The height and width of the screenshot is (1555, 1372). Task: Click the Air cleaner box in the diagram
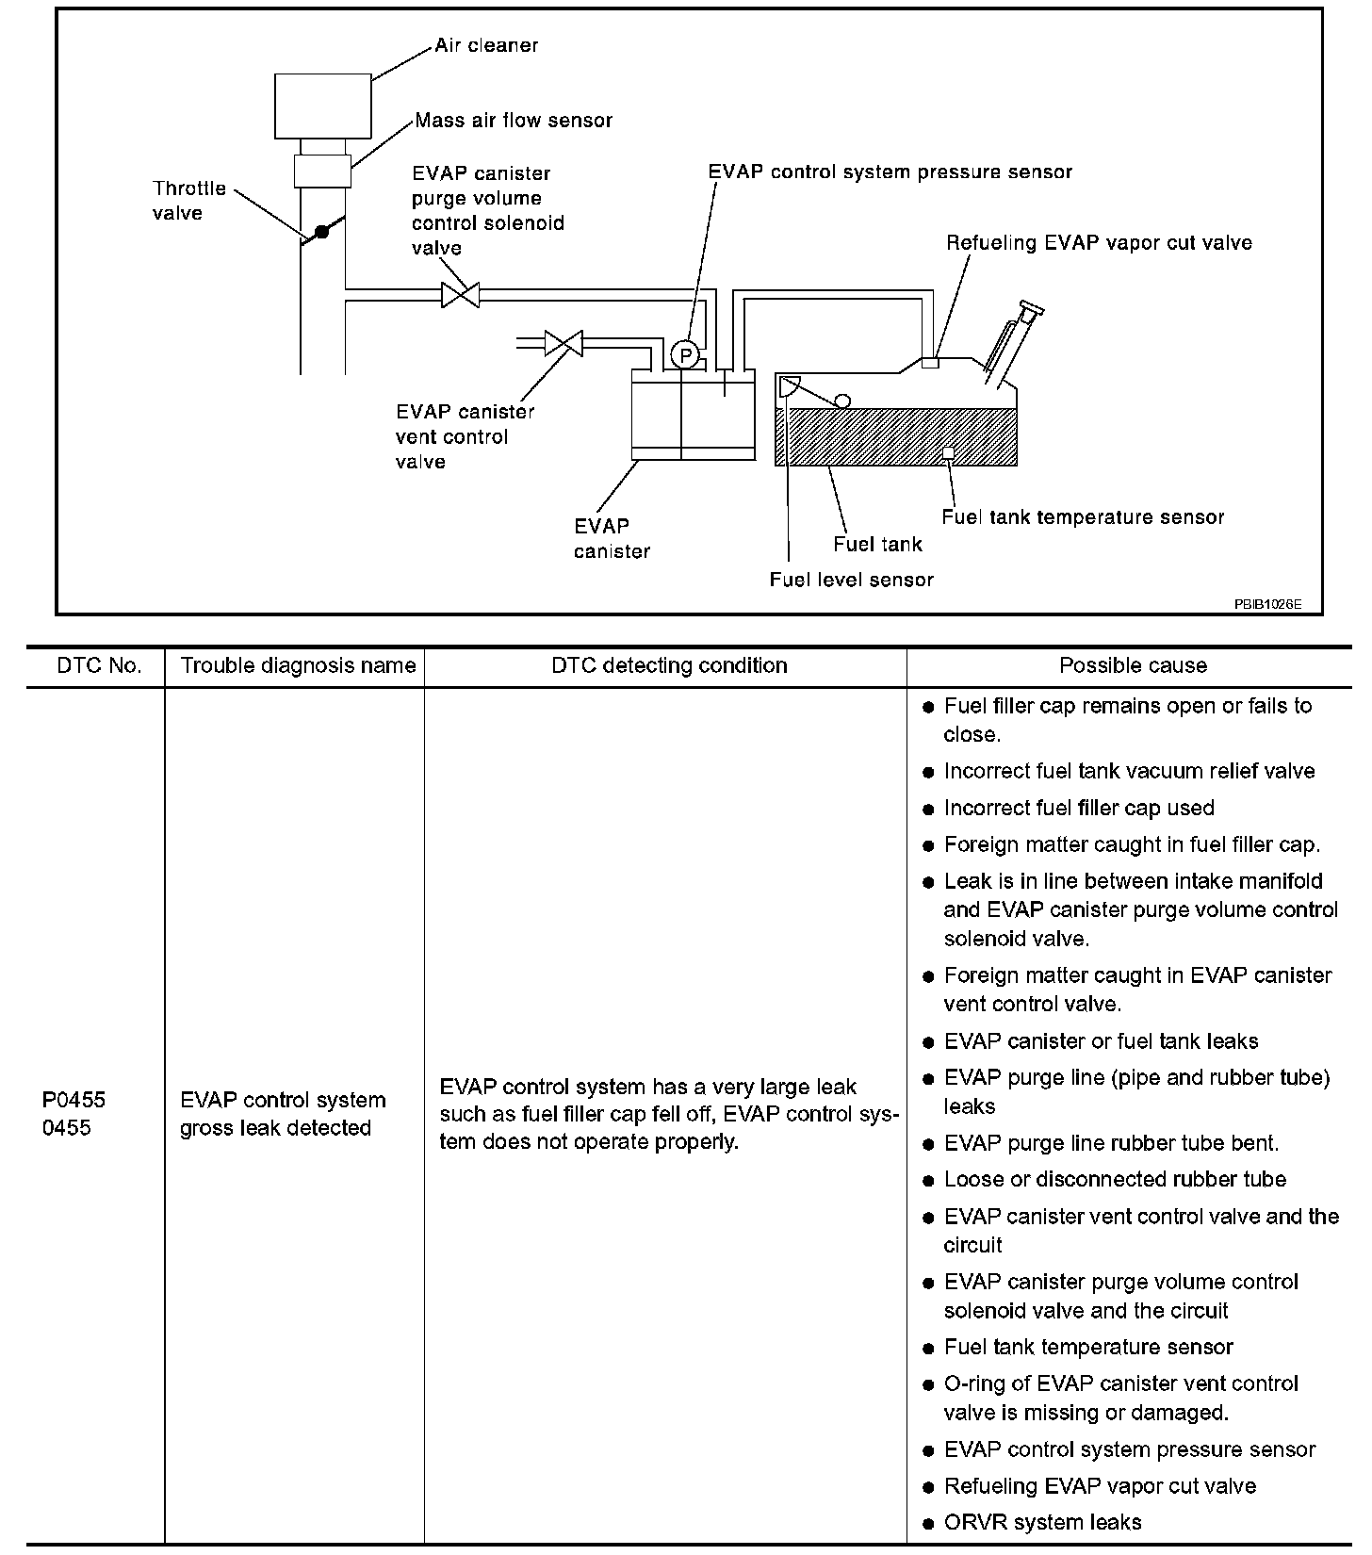(322, 106)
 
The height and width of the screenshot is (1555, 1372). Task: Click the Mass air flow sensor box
(322, 172)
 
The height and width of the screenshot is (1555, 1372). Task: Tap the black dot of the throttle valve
(321, 231)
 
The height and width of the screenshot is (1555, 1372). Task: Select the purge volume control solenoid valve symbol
(460, 295)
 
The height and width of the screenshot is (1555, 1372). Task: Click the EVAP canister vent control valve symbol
(563, 343)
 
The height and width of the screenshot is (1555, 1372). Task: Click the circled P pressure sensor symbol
(685, 356)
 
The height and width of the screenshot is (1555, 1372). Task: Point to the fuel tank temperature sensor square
(948, 453)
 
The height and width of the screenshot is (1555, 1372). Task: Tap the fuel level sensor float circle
(842, 401)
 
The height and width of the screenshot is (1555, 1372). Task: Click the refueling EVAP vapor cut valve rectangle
(930, 363)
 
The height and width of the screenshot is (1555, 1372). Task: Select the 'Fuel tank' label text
(877, 545)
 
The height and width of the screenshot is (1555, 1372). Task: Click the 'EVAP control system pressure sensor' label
(890, 172)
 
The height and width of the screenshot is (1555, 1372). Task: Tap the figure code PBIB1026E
(1267, 604)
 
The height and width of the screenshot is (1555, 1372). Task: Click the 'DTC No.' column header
(99, 666)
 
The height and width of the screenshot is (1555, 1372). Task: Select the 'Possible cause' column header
(1133, 666)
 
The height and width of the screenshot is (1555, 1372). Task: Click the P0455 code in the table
(74, 1100)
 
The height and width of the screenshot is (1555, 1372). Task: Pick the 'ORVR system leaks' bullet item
(1042, 1522)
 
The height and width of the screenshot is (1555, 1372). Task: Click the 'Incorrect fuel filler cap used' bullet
(1079, 808)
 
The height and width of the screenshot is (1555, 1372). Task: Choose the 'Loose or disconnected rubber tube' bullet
(1115, 1180)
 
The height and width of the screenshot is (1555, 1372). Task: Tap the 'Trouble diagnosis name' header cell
(298, 666)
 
